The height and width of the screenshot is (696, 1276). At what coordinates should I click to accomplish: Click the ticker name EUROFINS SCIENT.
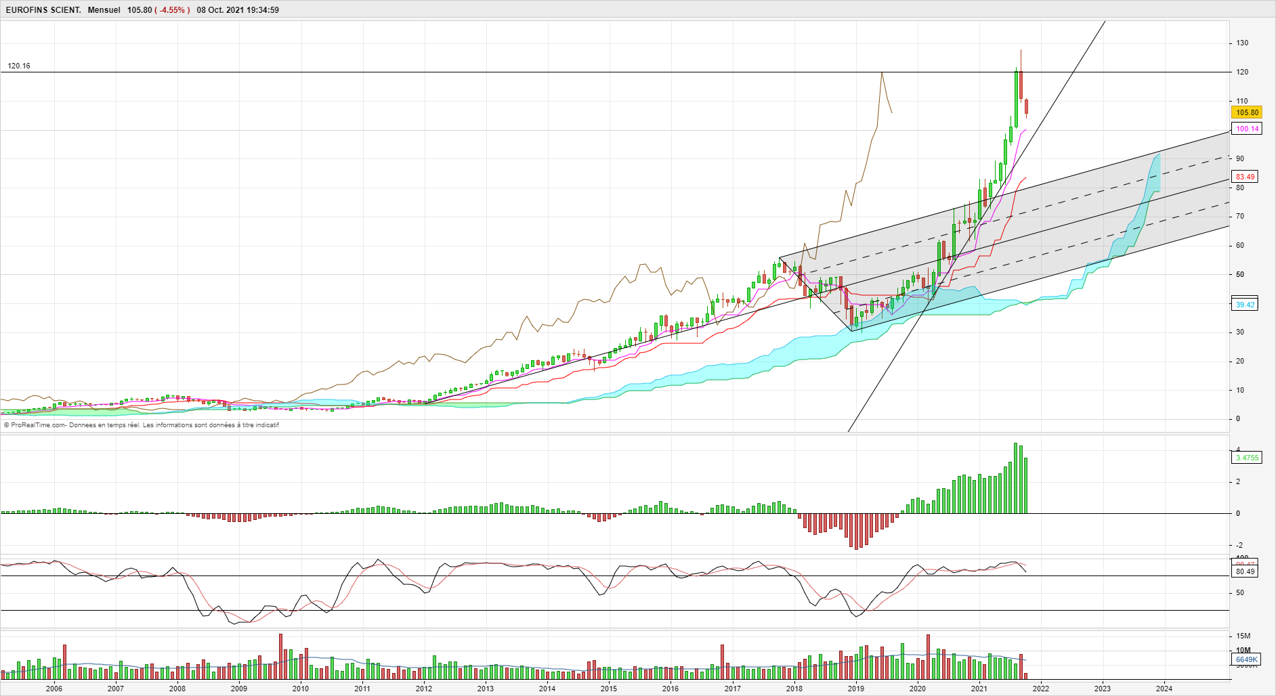(x=43, y=10)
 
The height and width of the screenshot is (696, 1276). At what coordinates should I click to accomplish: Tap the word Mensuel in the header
(x=104, y=10)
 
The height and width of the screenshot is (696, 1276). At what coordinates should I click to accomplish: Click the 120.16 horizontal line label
(x=19, y=66)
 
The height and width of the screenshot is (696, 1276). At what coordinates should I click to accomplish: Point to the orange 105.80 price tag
(x=1247, y=113)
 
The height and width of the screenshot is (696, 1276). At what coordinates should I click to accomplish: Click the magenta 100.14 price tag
(x=1247, y=129)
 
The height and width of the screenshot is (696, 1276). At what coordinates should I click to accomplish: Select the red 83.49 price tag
(x=1245, y=177)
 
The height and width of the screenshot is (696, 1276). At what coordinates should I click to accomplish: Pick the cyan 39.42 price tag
(x=1245, y=305)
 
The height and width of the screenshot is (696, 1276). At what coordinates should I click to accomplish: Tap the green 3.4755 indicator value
(x=1247, y=458)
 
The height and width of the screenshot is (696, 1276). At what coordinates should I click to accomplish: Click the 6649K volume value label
(x=1246, y=659)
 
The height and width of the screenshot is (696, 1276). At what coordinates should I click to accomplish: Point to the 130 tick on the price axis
(x=1242, y=43)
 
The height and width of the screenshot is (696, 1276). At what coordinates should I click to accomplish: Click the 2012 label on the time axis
(x=424, y=689)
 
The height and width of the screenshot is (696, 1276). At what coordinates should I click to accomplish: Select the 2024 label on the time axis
(x=1164, y=689)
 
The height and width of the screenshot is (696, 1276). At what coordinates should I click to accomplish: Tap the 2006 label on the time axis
(x=54, y=689)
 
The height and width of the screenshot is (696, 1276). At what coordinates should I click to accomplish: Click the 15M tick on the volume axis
(x=1243, y=636)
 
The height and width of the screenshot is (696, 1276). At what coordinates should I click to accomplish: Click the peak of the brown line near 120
(x=881, y=72)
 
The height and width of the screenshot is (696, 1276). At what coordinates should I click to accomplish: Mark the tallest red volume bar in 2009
(x=280, y=656)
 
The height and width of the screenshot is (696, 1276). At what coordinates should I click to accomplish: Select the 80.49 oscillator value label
(x=1245, y=571)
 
